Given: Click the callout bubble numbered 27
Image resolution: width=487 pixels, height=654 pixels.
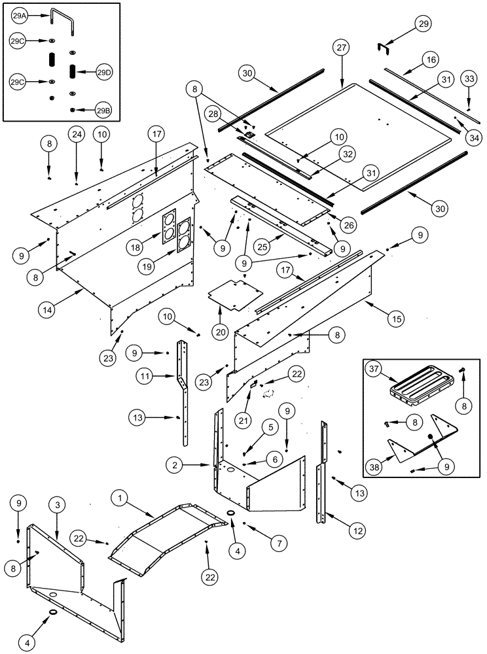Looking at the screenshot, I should tap(342, 48).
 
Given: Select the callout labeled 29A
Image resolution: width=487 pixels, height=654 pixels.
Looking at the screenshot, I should tap(19, 16).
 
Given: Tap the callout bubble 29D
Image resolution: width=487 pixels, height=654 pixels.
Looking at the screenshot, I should tap(104, 71).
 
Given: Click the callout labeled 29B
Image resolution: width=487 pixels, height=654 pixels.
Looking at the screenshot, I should tap(103, 111).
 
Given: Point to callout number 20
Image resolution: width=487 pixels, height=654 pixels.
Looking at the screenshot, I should tap(220, 332).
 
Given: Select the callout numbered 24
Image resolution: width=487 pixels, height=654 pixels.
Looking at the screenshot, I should tap(77, 135).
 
